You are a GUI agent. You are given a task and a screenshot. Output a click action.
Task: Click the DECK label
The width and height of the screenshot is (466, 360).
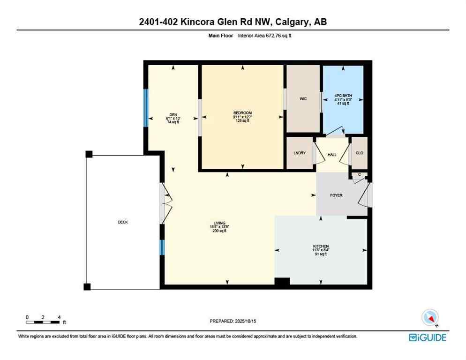(123, 222)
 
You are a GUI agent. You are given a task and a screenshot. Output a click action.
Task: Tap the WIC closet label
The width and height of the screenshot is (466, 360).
(303, 99)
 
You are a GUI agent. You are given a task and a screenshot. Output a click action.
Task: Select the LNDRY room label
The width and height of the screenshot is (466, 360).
(300, 153)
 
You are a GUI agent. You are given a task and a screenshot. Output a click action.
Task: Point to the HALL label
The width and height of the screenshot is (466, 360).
(332, 154)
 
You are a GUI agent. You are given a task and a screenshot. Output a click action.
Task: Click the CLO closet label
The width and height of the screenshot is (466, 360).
(360, 153)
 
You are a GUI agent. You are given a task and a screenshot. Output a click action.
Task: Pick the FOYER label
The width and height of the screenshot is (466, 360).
(336, 195)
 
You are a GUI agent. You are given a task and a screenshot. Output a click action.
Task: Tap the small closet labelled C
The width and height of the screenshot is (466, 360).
(360, 175)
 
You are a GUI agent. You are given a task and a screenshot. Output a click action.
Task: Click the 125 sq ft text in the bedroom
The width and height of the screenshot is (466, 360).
(242, 121)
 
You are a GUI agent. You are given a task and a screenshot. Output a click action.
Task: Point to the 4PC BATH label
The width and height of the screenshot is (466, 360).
(343, 95)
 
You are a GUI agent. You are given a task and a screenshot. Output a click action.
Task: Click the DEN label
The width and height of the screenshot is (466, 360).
(173, 114)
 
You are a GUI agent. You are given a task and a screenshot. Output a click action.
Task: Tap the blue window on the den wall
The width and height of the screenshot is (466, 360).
(146, 108)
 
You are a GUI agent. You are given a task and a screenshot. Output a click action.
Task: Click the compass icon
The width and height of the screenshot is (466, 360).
(430, 318)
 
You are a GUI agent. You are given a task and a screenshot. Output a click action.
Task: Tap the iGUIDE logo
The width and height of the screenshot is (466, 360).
(428, 337)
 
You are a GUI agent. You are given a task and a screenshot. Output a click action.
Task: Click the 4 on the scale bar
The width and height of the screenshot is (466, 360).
(59, 317)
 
